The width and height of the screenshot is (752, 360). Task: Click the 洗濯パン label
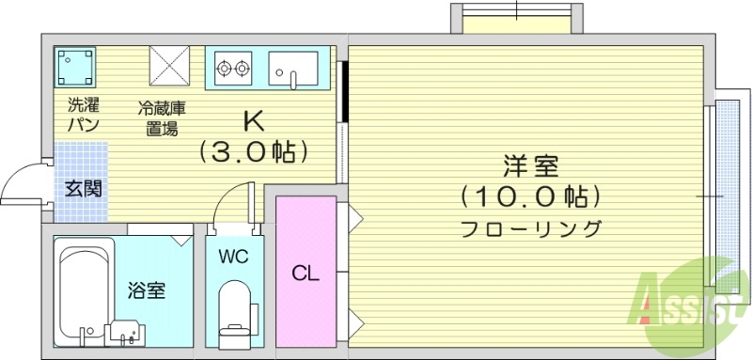tap(83, 115)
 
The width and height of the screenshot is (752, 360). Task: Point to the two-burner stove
tap(232, 68)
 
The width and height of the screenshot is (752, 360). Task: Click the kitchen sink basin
tap(292, 68)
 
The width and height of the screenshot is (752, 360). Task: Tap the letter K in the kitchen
tap(252, 121)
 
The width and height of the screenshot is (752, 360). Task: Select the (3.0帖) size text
tap(252, 151)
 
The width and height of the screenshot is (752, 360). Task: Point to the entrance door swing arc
tap(21, 183)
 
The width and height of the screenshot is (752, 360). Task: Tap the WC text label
tap(233, 257)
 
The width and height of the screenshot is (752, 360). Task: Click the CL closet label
tap(305, 274)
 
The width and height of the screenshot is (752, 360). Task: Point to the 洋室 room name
tap(530, 166)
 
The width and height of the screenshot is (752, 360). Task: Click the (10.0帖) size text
tap(530, 197)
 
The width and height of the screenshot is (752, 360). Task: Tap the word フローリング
tap(530, 227)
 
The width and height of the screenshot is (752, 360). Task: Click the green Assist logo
tap(691, 296)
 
